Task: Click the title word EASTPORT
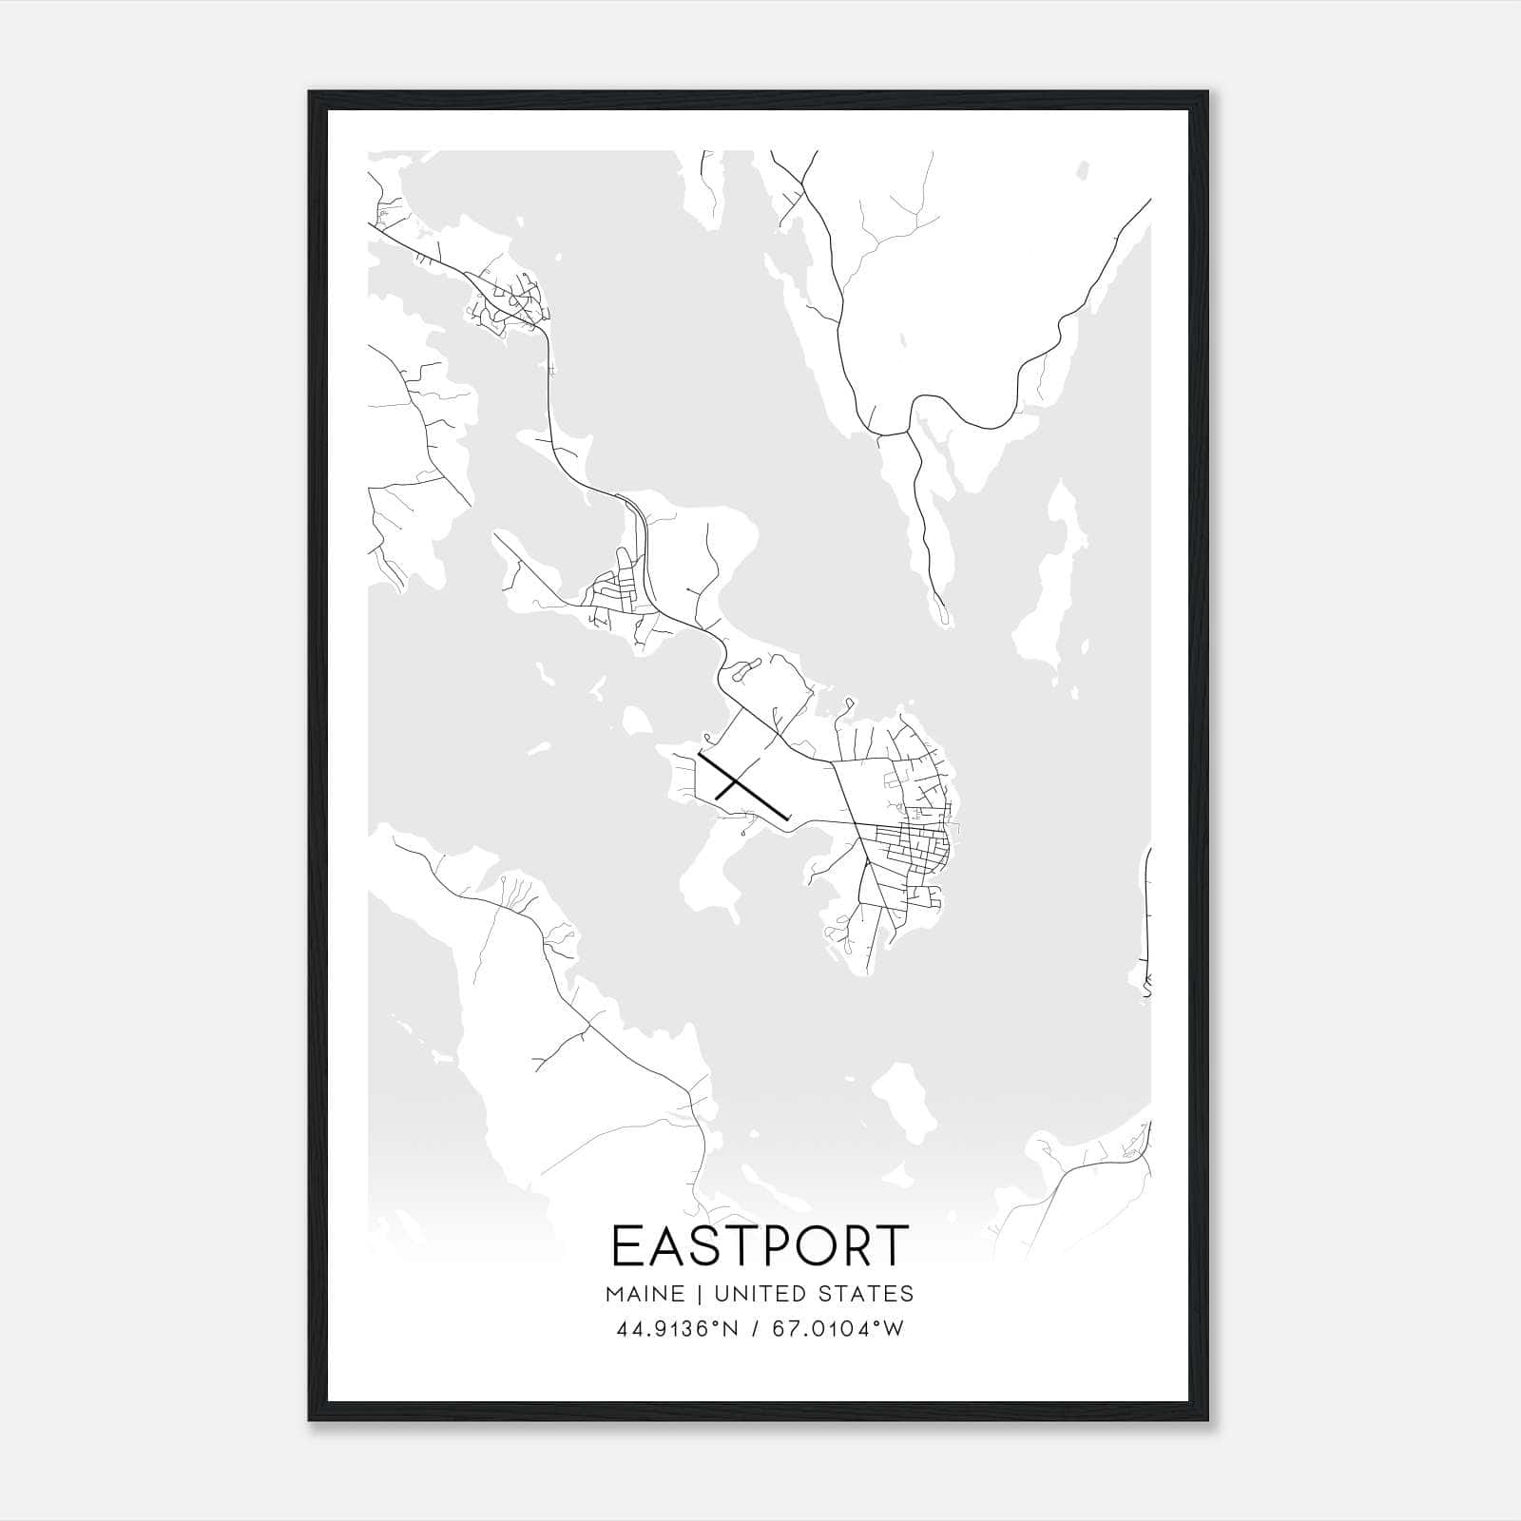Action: click(x=760, y=1246)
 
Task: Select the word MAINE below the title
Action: click(x=643, y=1294)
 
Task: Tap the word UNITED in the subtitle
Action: click(x=757, y=1294)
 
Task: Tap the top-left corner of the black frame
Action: click(x=310, y=92)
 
